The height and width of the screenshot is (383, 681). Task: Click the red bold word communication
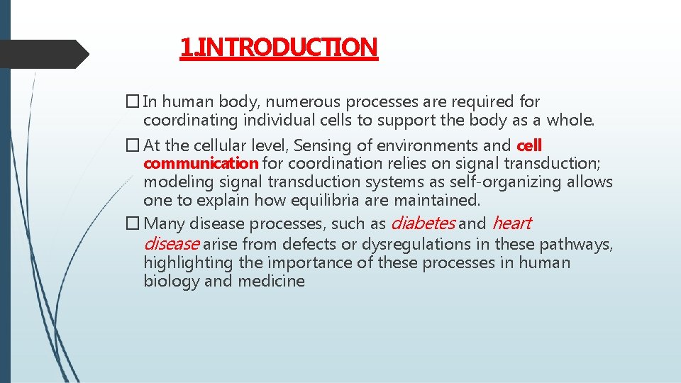(201, 164)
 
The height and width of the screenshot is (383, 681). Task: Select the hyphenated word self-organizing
(501, 182)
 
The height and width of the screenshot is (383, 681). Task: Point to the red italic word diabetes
(423, 224)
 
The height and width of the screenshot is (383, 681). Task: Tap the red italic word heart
(511, 224)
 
